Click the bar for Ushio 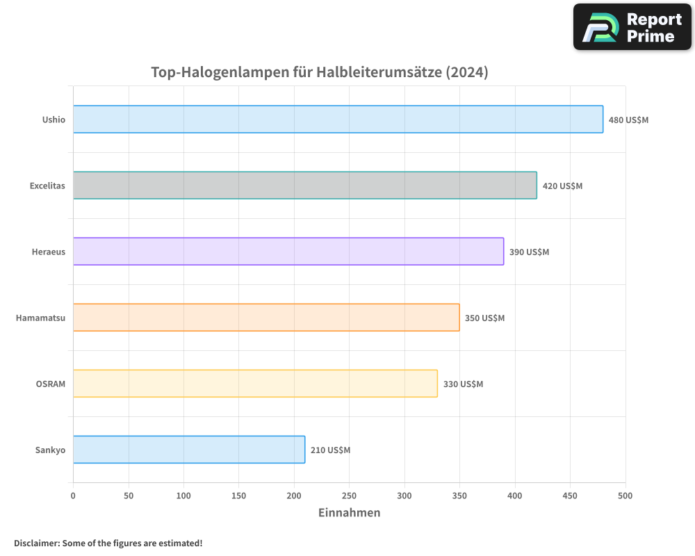tap(338, 119)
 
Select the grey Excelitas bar tap(304, 185)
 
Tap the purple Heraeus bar tap(288, 251)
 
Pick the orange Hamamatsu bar tap(265, 317)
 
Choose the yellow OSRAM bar tap(255, 383)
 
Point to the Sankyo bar tap(188, 449)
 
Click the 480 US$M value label tap(628, 120)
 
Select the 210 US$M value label tap(330, 450)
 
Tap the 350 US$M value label tap(484, 318)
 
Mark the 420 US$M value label tap(562, 186)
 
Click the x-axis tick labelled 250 tap(349, 496)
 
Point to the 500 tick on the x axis tap(625, 496)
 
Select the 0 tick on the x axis tap(73, 496)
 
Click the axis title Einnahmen tap(349, 513)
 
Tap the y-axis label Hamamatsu tap(40, 318)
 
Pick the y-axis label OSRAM tap(50, 384)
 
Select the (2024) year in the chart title tap(466, 72)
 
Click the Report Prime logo tap(632, 27)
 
